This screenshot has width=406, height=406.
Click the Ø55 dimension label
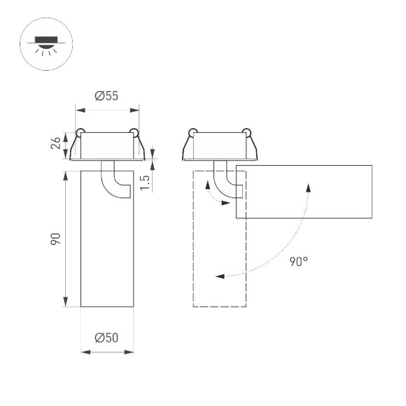[x=106, y=97]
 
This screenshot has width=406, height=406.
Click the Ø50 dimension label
[x=106, y=337]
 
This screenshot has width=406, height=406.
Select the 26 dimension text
[x=57, y=145]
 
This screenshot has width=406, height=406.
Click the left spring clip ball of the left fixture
[x=81, y=132]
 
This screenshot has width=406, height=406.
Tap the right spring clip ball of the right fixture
[x=246, y=131]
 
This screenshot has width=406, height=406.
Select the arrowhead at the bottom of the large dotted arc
[x=219, y=276]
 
